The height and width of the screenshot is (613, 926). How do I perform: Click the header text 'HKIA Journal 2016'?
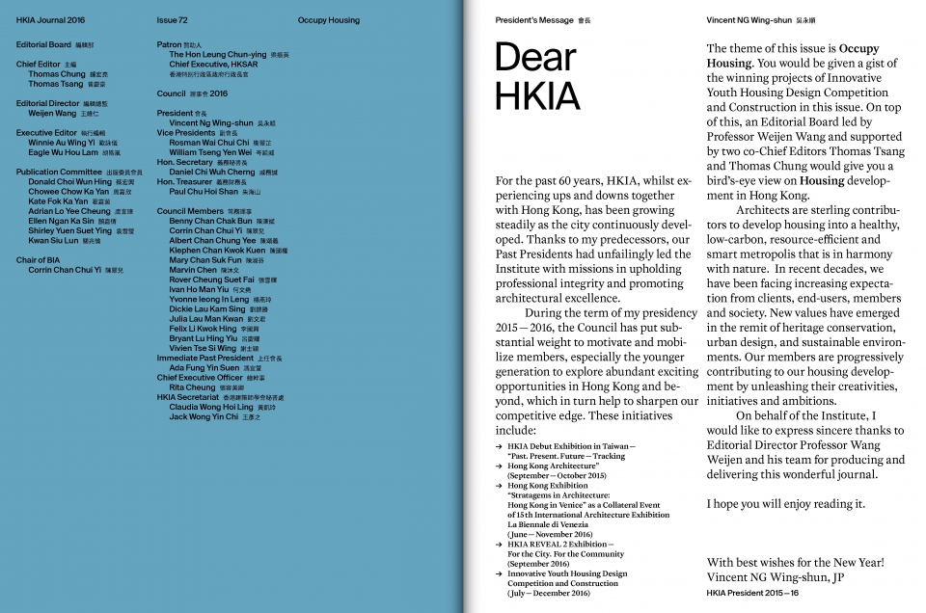tap(50, 19)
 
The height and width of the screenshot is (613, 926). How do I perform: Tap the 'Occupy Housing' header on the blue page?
tap(329, 19)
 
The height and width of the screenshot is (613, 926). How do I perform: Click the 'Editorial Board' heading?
tap(43, 44)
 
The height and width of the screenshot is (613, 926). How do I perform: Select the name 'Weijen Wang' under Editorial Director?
tap(54, 113)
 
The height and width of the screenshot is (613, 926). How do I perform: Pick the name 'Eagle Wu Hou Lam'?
tap(63, 152)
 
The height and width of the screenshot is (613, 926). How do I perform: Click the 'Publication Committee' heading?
tap(58, 172)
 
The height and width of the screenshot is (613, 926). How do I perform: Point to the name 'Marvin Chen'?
tap(193, 270)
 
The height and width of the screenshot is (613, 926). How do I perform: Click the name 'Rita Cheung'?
tap(192, 387)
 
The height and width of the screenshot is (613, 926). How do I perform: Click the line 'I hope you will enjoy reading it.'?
tap(785, 504)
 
